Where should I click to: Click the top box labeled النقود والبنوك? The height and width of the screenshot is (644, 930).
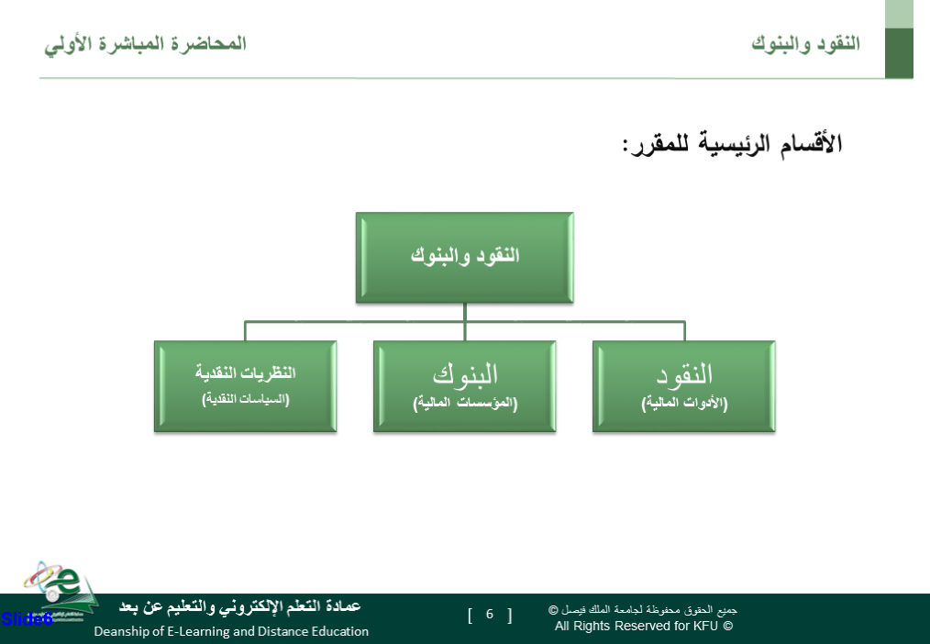pos(464,258)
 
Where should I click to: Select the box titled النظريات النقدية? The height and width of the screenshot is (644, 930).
pos(246,386)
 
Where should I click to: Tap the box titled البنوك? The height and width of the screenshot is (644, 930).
pos(464,386)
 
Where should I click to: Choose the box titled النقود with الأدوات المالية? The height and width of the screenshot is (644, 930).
pos(684,386)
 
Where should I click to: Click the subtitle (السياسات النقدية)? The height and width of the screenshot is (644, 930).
pos(246,399)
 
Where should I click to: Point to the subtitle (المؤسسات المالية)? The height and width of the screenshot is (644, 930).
pos(465,404)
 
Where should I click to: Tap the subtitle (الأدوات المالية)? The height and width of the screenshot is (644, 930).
pos(684,404)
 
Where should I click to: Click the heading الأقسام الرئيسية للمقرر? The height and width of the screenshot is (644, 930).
pos(733,144)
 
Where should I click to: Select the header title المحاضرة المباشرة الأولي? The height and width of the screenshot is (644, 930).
pos(145,44)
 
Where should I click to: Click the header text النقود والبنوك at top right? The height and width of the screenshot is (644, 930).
pos(805,44)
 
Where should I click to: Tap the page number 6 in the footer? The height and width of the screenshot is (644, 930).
pos(490,614)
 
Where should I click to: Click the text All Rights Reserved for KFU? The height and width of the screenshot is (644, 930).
pos(644,626)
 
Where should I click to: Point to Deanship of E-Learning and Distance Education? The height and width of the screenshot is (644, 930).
pos(231,631)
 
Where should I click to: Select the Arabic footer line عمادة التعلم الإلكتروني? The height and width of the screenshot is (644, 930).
pos(239,606)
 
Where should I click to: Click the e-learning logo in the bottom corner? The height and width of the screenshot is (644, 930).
pos(60,590)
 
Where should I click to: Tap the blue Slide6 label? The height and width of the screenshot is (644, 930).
pos(27,619)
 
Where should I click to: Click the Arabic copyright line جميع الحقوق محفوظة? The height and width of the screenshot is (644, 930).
pos(643,610)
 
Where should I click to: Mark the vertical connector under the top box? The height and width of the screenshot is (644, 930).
pos(464,322)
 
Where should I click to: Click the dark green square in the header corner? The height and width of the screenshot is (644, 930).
pos(899,53)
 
